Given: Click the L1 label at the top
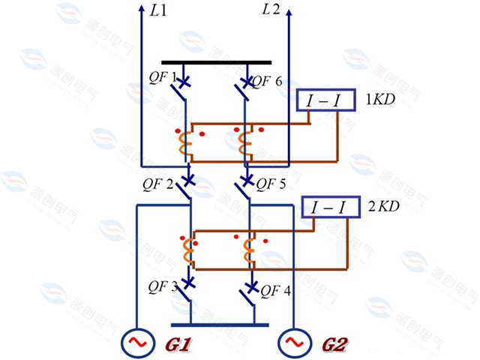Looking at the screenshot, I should click(x=160, y=12).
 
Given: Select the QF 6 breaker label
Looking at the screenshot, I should click(x=267, y=81).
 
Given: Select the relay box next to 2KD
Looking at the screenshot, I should click(x=329, y=207).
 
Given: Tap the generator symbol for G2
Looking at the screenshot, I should click(x=292, y=343).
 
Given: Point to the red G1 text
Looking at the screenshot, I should click(x=177, y=345).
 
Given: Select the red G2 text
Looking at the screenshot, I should click(x=335, y=345).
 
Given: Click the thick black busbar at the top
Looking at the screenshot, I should click(x=216, y=63).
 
